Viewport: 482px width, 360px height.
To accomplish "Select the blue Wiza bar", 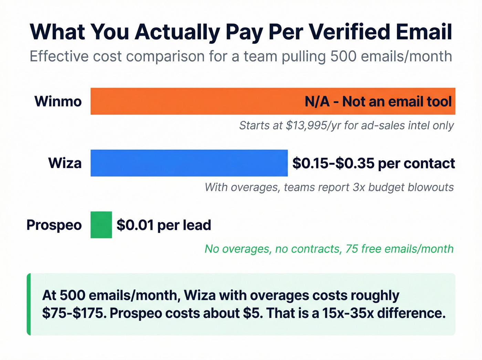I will (189, 163).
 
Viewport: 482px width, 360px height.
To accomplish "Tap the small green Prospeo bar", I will (101, 225).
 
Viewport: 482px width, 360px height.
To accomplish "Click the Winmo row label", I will (58, 101).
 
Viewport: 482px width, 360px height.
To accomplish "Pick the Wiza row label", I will (65, 163).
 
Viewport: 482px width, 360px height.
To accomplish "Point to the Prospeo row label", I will (54, 225).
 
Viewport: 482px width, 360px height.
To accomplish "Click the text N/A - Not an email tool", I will (378, 102).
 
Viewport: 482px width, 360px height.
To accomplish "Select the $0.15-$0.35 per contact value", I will (374, 163).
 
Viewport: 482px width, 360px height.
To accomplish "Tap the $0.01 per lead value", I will (164, 225).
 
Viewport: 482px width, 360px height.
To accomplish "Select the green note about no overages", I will (329, 249).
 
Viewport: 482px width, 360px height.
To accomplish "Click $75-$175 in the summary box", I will (74, 313).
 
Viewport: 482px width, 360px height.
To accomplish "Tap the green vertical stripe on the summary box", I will (29, 304).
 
